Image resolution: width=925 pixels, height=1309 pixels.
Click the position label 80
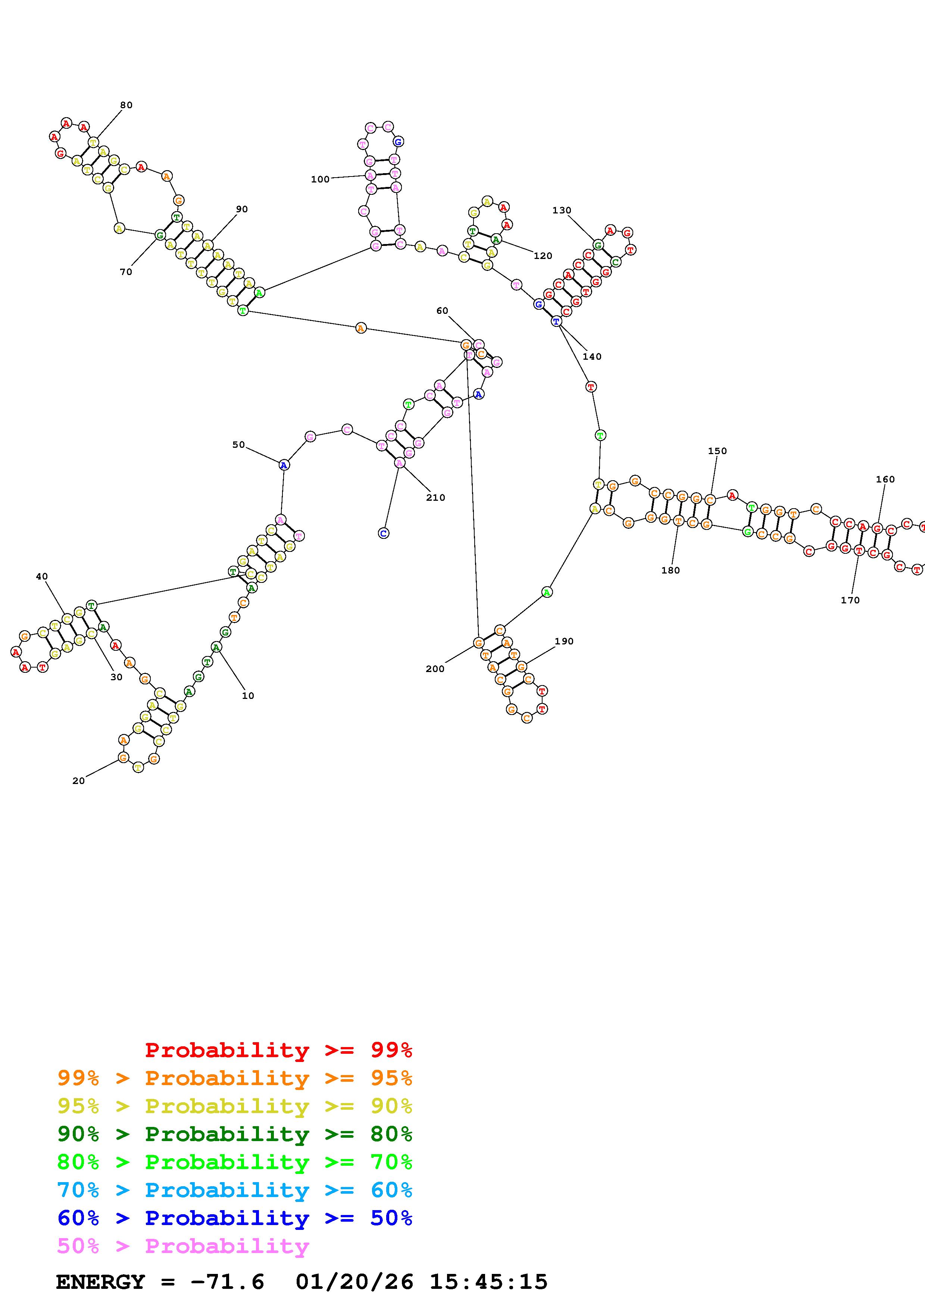(126, 105)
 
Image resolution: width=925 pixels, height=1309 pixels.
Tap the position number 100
(320, 179)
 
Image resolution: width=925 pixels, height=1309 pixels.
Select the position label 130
(562, 210)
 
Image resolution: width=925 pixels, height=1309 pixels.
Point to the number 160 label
(885, 479)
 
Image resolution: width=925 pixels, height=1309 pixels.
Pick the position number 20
(79, 781)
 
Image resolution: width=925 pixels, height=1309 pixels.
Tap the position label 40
(42, 577)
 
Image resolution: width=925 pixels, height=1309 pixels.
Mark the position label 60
(442, 311)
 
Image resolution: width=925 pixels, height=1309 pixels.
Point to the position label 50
(238, 445)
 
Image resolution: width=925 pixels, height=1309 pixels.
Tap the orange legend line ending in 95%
(235, 1078)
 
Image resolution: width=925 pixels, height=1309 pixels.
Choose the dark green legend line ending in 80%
(235, 1134)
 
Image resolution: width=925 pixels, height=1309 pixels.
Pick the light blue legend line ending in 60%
(235, 1190)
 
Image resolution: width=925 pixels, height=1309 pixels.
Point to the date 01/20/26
(354, 1282)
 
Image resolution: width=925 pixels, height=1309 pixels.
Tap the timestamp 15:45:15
(488, 1282)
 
